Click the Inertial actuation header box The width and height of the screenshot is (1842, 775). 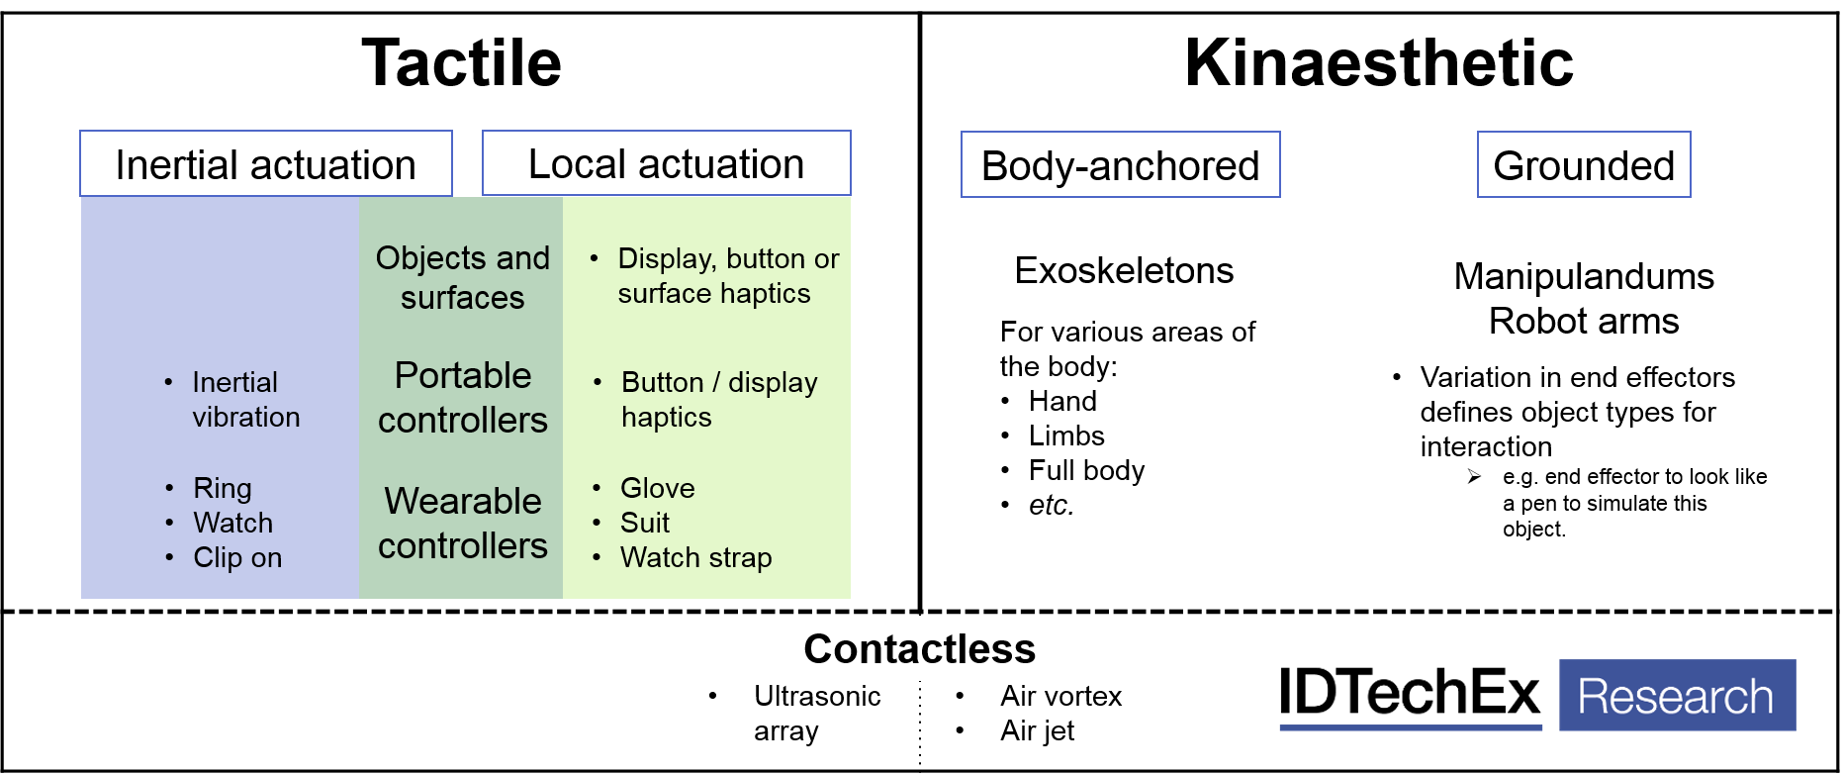(265, 164)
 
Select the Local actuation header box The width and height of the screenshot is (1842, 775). (666, 163)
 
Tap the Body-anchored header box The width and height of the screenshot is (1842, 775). (1120, 165)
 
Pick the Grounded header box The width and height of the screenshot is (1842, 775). (1583, 165)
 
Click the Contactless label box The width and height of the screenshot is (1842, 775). (919, 648)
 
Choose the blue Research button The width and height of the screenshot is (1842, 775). (1677, 695)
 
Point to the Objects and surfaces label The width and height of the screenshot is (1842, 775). (462, 277)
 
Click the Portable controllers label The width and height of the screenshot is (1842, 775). (462, 397)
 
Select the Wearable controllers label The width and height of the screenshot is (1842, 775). (462, 523)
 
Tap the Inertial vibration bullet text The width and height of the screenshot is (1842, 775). (245, 400)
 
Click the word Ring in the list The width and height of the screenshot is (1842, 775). (223, 488)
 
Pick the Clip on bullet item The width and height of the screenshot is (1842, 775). (237, 557)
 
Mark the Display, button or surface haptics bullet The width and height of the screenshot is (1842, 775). (727, 276)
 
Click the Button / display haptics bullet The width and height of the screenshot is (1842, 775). (718, 400)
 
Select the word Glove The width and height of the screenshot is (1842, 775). (657, 488)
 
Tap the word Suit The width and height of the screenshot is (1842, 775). (645, 523)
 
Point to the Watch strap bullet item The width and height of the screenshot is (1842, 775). (695, 557)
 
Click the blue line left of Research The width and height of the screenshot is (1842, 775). (1410, 727)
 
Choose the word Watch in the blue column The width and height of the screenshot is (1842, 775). (232, 523)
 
